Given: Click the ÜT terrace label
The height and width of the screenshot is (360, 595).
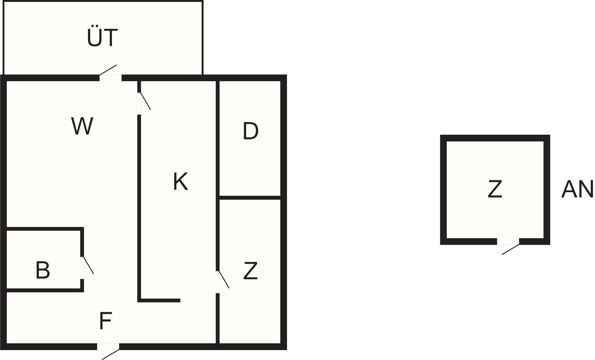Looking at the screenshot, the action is (102, 38).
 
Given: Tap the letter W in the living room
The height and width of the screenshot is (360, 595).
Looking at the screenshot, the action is (82, 126).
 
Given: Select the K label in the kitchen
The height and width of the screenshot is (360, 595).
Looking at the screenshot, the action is (181, 181).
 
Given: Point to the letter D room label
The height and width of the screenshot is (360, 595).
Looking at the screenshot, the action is (250, 131).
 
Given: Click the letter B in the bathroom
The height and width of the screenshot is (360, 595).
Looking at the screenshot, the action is (43, 270).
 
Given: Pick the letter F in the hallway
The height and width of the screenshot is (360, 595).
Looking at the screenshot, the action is (105, 321).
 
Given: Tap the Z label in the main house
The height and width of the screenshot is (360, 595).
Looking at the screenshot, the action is (250, 271).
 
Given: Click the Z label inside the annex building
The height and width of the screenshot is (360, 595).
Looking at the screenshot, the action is (495, 189).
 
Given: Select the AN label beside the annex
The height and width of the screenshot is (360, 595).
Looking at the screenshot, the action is (577, 189).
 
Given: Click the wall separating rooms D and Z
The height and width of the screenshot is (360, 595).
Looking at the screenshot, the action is (250, 198).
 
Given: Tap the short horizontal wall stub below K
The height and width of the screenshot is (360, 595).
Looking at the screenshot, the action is (159, 300).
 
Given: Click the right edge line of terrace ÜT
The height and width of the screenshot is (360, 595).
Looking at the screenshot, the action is (203, 38).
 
